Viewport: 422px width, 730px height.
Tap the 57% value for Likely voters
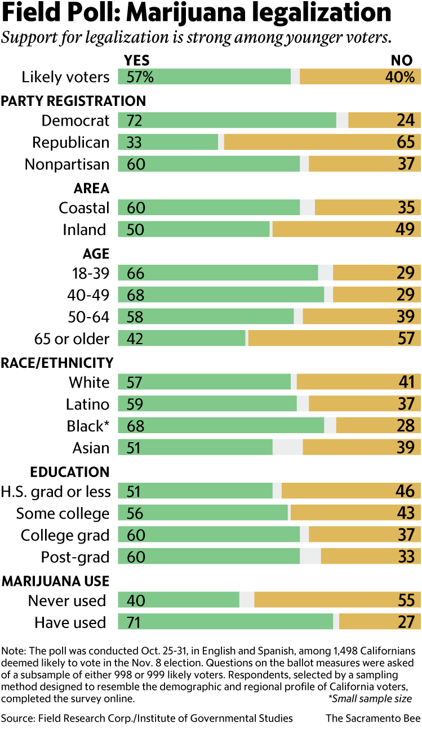(140, 77)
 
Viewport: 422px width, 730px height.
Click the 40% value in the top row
(399, 77)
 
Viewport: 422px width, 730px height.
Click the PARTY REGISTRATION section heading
(73, 101)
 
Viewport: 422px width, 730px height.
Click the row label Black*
(88, 426)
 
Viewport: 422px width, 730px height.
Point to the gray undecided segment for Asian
(287, 448)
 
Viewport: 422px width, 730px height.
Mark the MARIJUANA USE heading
(55, 581)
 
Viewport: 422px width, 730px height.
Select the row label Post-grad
(75, 557)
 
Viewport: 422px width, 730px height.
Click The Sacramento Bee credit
(374, 718)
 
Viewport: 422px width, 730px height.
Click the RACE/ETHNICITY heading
(57, 362)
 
